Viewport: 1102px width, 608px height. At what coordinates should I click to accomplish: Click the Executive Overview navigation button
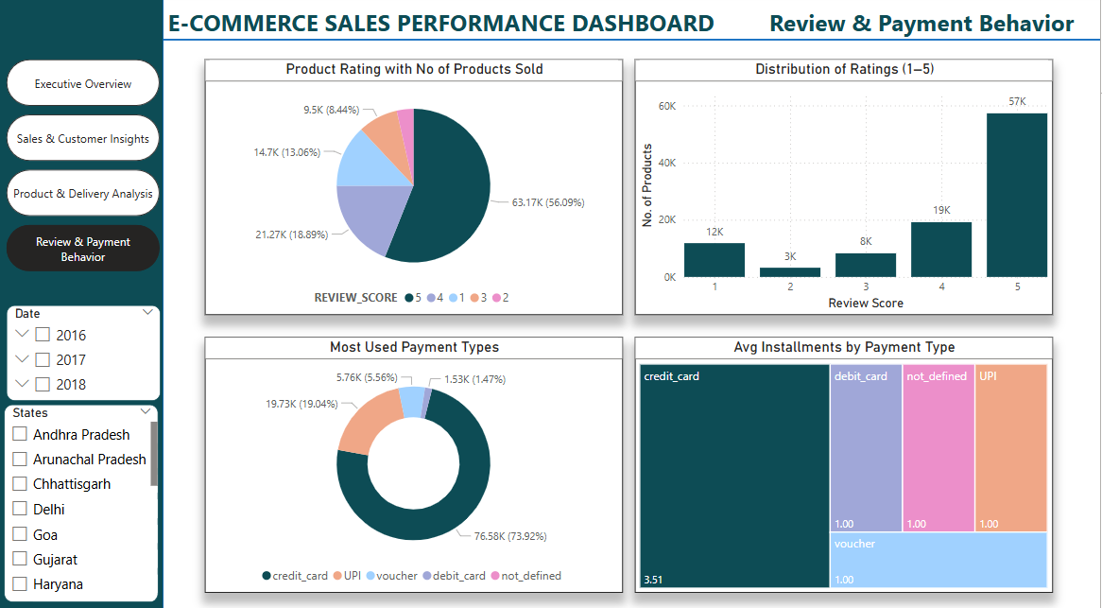[x=83, y=83]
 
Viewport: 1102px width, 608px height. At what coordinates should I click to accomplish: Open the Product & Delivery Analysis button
[x=83, y=194]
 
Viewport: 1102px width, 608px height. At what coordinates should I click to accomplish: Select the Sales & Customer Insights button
[x=83, y=139]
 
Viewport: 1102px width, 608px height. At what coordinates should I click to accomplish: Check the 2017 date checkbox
[x=43, y=359]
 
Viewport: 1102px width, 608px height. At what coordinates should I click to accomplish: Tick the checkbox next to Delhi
[x=20, y=509]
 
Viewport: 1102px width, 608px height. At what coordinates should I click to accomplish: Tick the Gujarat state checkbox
[x=20, y=559]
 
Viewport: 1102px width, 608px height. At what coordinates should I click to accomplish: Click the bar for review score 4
[x=941, y=249]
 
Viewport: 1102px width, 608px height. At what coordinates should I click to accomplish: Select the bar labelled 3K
[x=790, y=271]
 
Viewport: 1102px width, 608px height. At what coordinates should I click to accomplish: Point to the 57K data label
[x=1017, y=101]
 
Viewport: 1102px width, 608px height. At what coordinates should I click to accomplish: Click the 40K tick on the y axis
[x=666, y=164]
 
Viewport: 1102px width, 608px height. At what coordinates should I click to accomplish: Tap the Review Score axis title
[x=865, y=304]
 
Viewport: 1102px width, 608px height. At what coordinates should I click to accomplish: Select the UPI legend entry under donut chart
[x=347, y=576]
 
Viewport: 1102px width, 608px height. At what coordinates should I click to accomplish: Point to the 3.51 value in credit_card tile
[x=652, y=579]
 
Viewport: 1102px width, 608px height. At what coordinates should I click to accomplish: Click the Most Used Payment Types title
[x=414, y=348]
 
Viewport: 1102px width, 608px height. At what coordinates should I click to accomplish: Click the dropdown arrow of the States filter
[x=146, y=411]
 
